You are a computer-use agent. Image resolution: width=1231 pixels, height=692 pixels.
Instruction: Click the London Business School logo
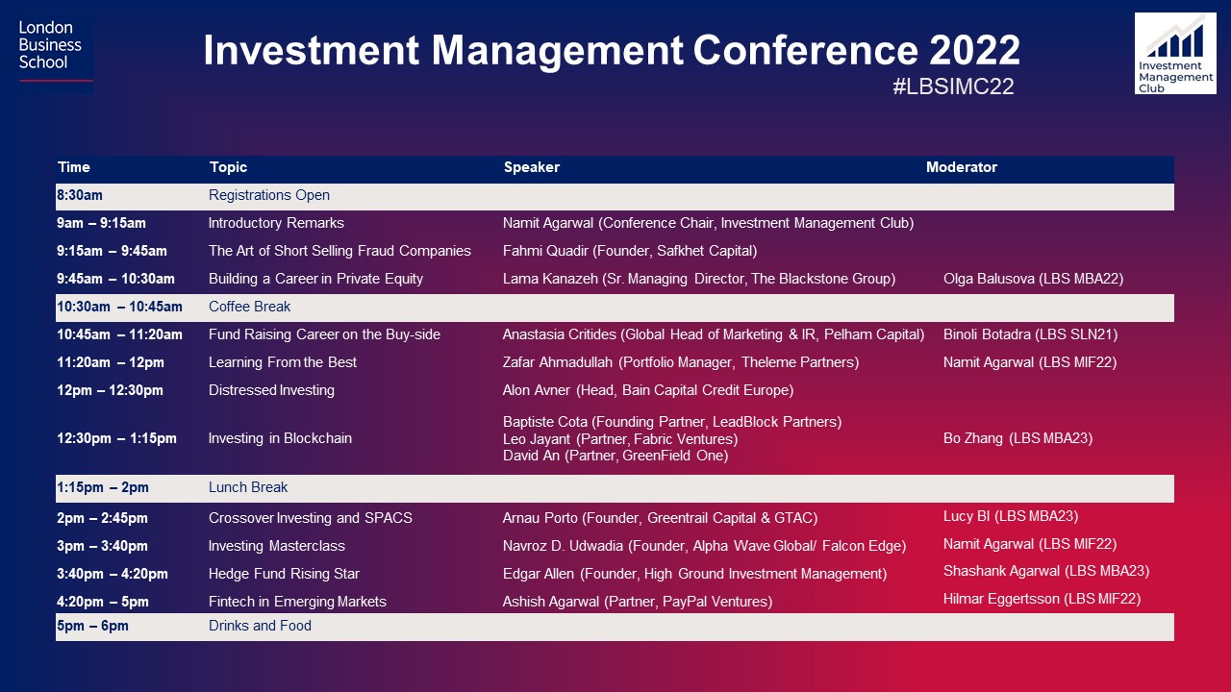coord(55,53)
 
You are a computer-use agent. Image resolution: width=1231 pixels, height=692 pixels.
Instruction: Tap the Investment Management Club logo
coord(1175,53)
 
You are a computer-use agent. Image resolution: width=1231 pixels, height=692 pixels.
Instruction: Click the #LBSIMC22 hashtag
coord(953,86)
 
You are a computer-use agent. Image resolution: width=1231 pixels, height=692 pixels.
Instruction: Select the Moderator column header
coord(961,167)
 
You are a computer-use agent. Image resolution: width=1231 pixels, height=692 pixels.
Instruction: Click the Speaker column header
coord(532,167)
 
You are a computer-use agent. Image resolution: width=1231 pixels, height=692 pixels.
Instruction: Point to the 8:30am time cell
coord(80,195)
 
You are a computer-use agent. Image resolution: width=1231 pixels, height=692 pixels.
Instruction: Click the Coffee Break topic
coord(249,307)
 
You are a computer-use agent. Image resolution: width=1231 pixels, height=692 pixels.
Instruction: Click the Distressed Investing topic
coord(271,390)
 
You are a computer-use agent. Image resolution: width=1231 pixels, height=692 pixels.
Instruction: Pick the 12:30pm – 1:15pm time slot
coord(116,438)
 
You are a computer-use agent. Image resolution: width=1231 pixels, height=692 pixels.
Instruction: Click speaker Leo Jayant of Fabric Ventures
coord(620,439)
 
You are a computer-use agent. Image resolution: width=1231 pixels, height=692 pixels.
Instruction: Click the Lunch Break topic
coord(248,487)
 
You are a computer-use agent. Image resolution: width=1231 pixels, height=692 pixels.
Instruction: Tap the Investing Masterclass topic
coord(276,546)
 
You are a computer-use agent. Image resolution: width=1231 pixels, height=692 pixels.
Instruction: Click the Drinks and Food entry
coord(260,626)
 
